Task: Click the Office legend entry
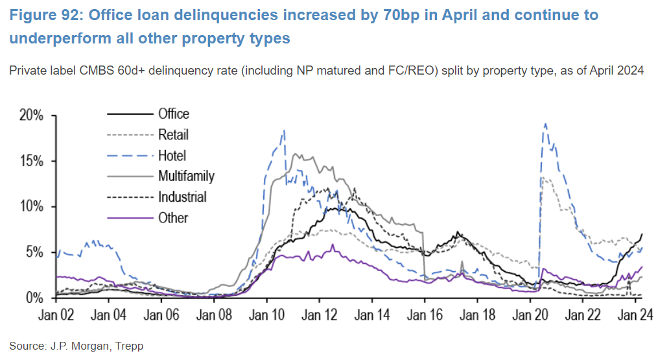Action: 173,114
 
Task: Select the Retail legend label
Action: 173,135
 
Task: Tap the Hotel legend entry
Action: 172,156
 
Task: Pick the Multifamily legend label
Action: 185,176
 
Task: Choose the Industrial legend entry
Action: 182,197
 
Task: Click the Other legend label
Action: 172,217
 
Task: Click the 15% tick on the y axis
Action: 30,161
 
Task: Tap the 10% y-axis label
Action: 30,206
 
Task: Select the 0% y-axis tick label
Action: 34,298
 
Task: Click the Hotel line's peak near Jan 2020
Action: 545,124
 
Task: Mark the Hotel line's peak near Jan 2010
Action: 284,130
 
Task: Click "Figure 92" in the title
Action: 40,15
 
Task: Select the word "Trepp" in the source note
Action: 129,346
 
